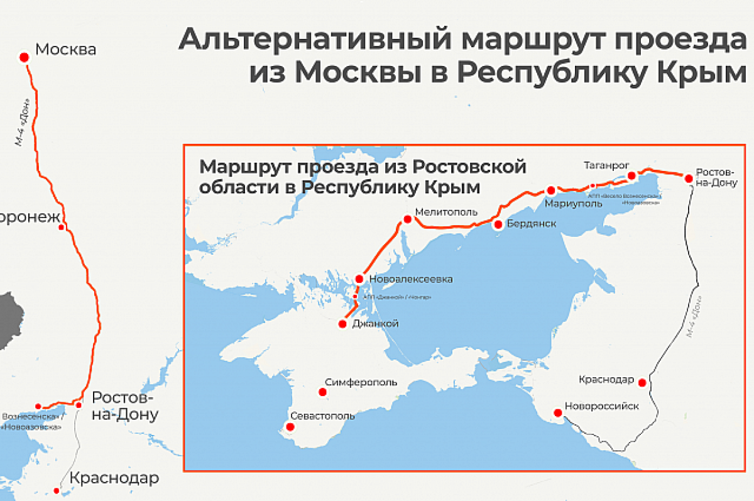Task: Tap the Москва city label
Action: coord(66,49)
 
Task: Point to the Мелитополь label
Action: coord(446,212)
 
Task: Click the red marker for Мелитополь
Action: coord(407,219)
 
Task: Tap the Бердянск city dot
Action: coord(498,224)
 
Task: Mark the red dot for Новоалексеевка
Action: coord(359,278)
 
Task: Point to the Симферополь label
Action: coord(361,382)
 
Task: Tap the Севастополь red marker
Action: coord(290,427)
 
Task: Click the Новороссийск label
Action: coord(602,406)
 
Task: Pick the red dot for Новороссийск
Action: coord(557,413)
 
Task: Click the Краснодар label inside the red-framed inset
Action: coord(607,380)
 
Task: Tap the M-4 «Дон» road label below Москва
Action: coord(24,123)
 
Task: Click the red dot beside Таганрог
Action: coord(631,176)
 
